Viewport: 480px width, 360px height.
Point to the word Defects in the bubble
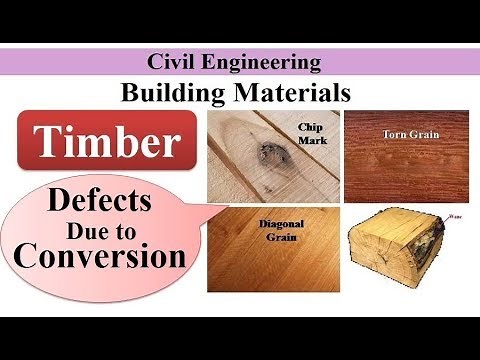click(x=101, y=200)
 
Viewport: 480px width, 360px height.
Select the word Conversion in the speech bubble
click(x=101, y=256)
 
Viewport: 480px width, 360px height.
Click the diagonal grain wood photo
click(x=270, y=260)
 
